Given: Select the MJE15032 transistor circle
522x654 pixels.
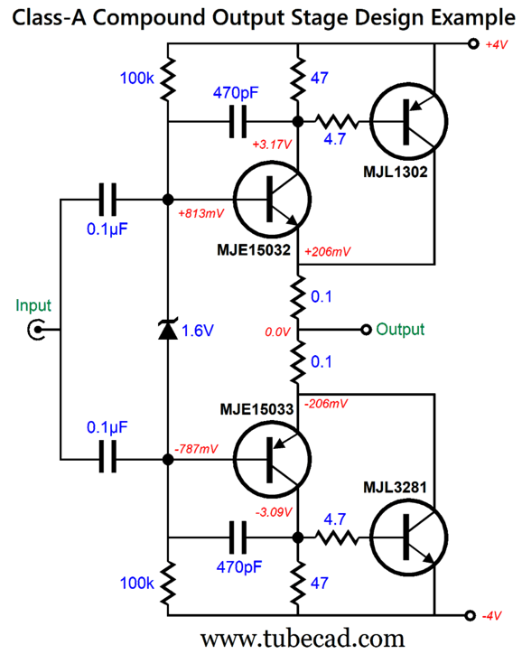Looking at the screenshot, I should coord(271,199).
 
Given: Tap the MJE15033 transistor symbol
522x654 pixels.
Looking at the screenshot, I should coord(271,460).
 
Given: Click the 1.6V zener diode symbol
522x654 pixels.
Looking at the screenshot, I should coord(167,331).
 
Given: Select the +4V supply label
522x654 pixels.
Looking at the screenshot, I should coord(498,44).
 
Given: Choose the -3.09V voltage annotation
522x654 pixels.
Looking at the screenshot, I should coord(275,514).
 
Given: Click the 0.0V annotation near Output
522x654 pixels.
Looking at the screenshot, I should coord(275,333).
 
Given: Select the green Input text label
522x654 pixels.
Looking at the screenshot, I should coord(33,305).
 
